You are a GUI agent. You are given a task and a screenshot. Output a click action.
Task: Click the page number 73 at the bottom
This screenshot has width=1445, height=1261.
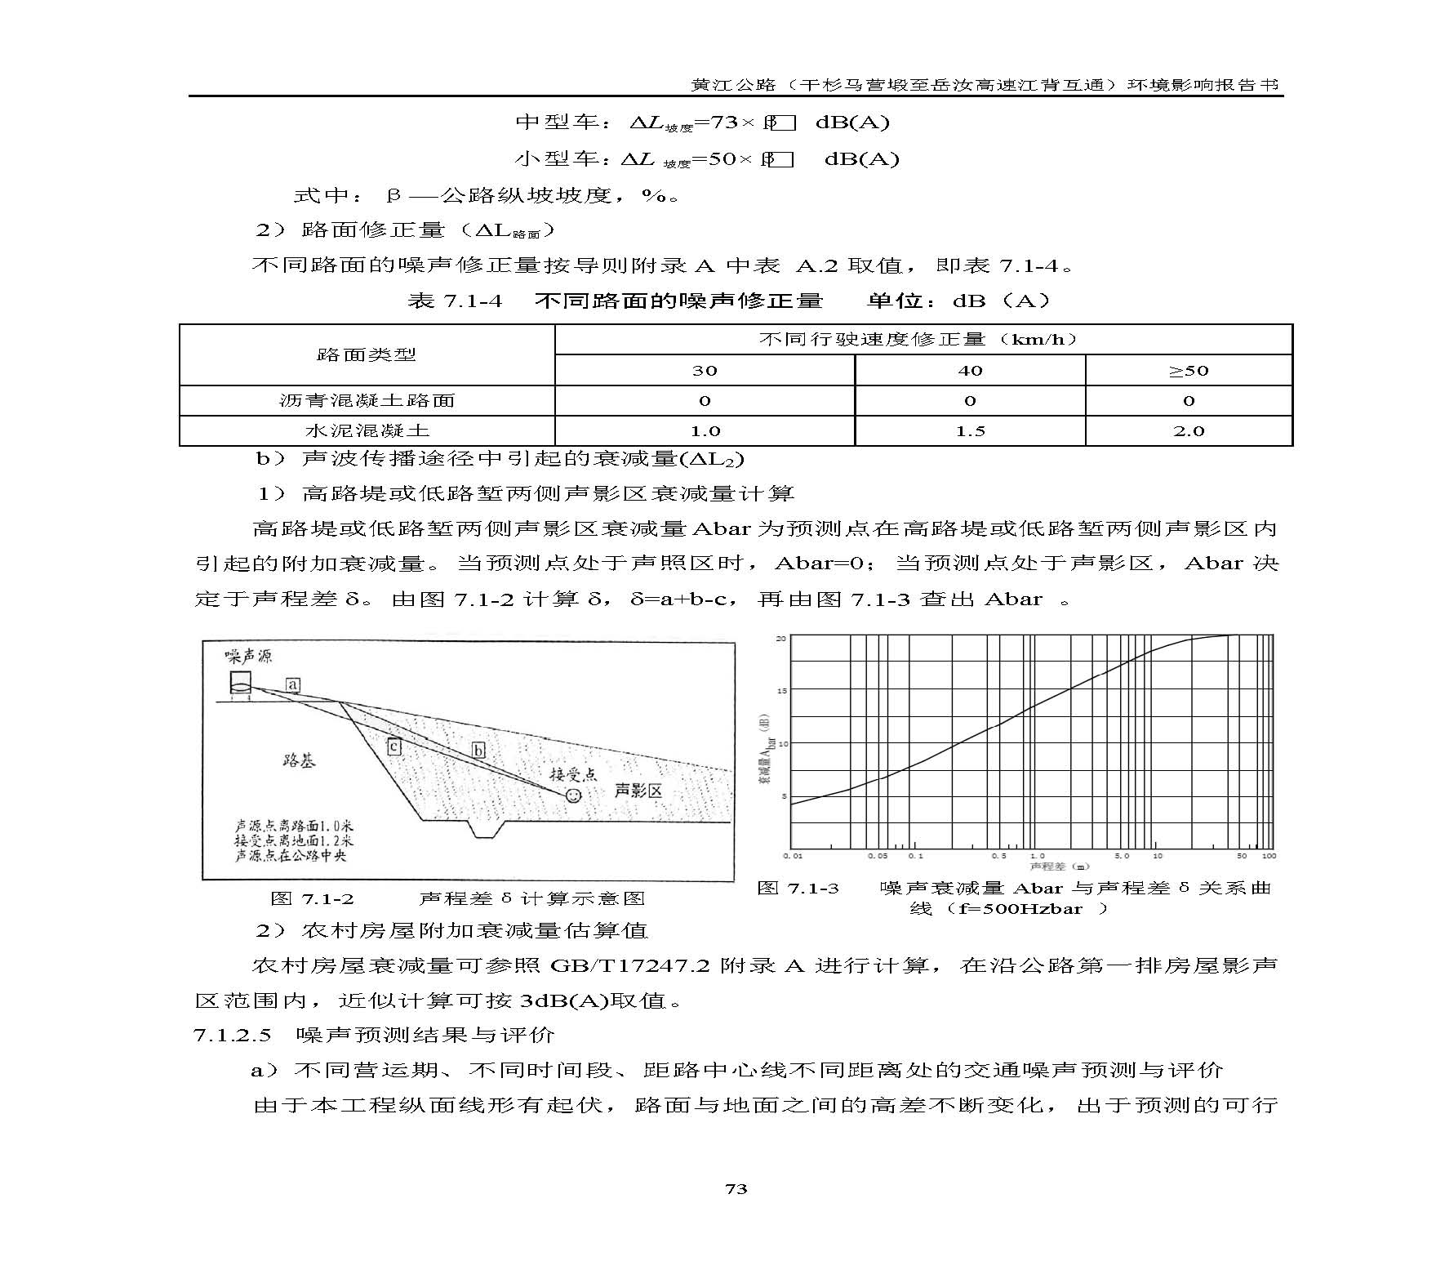pos(736,1188)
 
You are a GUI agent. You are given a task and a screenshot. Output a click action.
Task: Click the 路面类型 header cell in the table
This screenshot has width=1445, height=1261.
pos(367,354)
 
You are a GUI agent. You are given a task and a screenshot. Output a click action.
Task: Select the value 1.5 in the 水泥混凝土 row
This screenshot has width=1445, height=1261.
pos(970,431)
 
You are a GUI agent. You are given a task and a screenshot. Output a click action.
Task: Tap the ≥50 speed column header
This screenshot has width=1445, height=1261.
pos(1188,371)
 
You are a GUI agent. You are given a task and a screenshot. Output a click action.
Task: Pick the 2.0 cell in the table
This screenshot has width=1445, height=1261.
pos(1188,431)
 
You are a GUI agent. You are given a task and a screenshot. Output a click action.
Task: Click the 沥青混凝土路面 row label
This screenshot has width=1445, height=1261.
pos(367,401)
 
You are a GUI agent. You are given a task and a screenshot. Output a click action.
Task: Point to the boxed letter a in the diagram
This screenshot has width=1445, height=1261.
pos(293,684)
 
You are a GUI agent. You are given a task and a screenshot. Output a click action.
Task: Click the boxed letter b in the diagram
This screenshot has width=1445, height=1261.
pos(478,750)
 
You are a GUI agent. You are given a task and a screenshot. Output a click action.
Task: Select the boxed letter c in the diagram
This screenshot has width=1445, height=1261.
pos(393,746)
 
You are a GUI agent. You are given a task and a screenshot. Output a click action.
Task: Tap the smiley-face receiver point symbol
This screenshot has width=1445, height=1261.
pos(573,794)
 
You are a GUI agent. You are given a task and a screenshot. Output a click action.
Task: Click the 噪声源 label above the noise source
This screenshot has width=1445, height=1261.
pos(249,656)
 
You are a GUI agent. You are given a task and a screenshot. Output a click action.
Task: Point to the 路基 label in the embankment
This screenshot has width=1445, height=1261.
pos(299,760)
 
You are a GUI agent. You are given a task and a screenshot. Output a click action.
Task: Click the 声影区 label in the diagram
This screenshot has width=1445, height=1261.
pos(638,790)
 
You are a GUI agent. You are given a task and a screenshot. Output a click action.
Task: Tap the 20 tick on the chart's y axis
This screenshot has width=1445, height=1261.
pos(780,638)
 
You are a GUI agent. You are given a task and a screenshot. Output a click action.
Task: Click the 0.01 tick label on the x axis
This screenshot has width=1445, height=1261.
pos(793,856)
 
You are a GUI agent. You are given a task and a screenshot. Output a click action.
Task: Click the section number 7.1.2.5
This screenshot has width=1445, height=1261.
pos(232,1036)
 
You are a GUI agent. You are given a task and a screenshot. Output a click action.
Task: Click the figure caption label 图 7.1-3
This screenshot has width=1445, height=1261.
pos(798,889)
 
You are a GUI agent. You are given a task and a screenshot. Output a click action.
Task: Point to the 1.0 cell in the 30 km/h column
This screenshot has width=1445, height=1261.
pos(705,431)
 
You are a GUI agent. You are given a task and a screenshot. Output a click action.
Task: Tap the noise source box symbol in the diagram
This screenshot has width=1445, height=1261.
pos(240,684)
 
